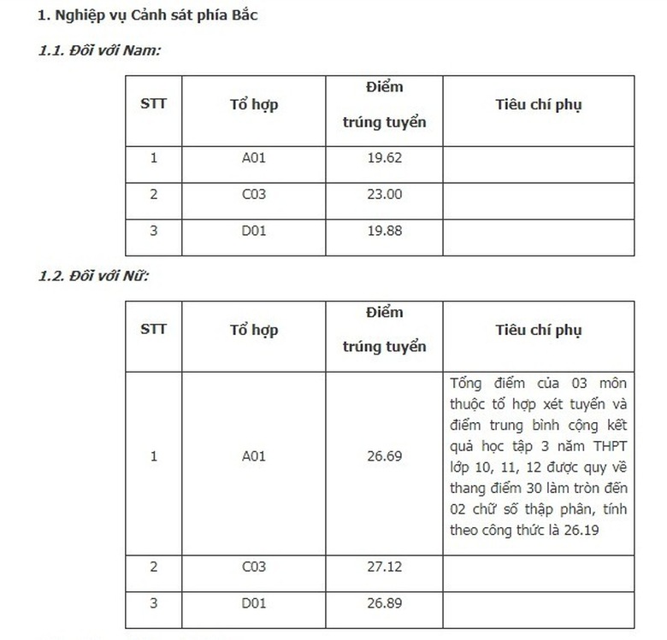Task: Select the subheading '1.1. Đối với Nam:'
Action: point(99,50)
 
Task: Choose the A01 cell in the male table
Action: point(254,158)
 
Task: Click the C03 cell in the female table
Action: point(254,567)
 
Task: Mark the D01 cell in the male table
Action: point(254,231)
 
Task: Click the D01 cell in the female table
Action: point(254,603)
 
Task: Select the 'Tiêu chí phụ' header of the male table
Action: point(538,104)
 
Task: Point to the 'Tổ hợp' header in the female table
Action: point(254,330)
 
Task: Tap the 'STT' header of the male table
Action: point(154,104)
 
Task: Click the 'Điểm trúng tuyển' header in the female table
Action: point(384,330)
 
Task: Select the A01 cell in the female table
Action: point(254,456)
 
